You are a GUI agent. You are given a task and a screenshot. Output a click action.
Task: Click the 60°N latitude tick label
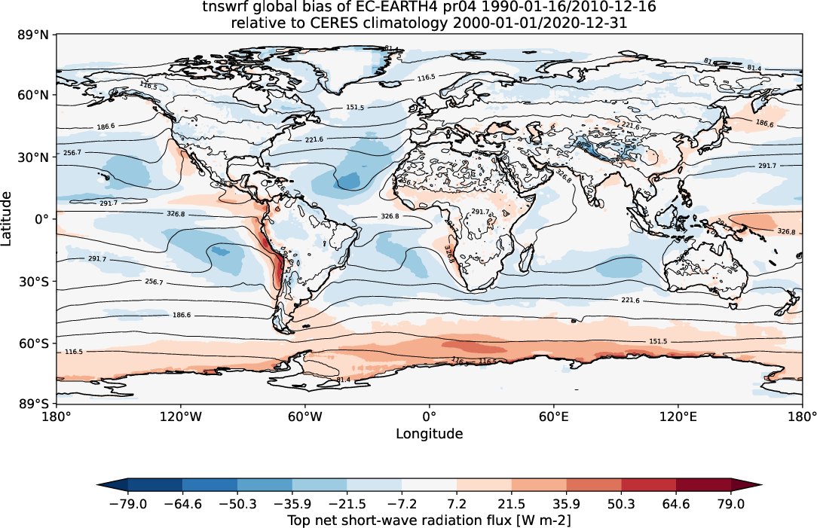(x=34, y=96)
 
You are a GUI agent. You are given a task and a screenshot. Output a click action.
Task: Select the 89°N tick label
(x=34, y=35)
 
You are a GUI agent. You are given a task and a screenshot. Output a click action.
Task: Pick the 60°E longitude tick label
(x=553, y=416)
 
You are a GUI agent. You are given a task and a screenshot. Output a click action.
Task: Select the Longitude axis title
(x=429, y=434)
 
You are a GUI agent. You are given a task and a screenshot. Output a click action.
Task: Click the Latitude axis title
(x=8, y=218)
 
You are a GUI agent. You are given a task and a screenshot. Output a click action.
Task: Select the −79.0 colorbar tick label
(x=127, y=502)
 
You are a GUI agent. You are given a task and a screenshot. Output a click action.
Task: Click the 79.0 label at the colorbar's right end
(x=731, y=502)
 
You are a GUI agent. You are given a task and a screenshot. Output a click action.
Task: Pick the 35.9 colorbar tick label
(x=567, y=502)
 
